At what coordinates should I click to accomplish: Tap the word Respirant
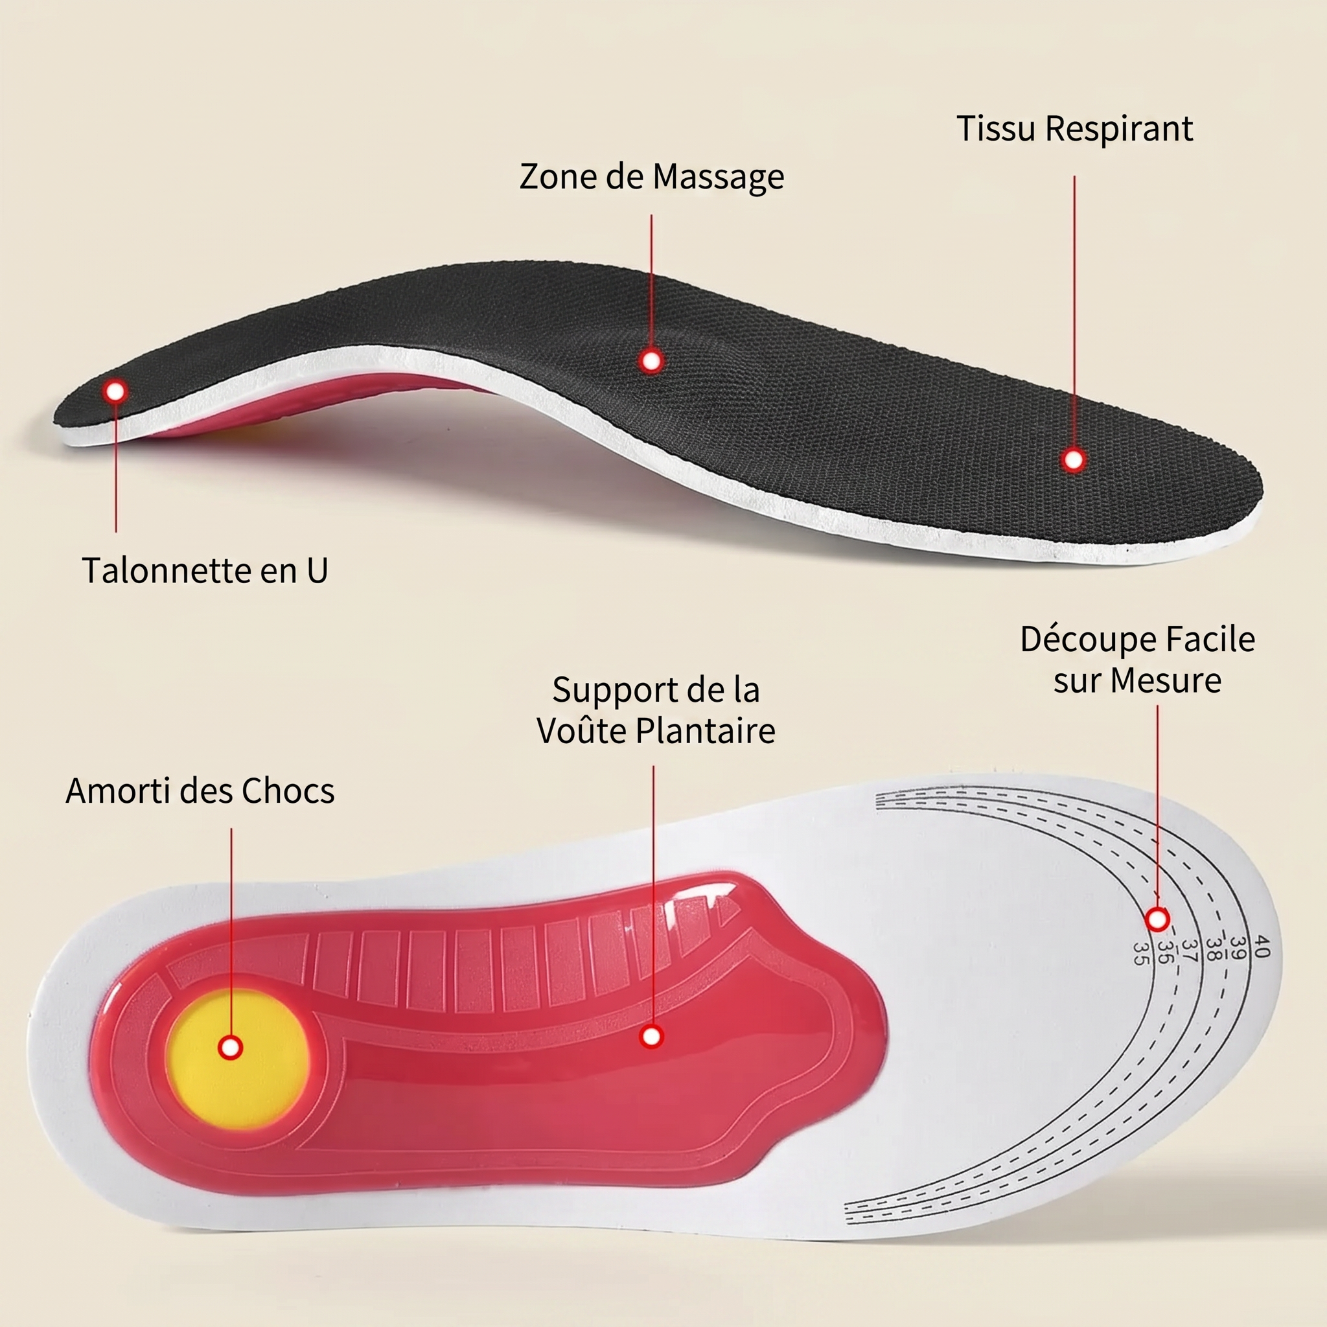[x=1119, y=128]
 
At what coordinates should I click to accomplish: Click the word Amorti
[x=118, y=791]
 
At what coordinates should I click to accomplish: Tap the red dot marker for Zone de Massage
[x=651, y=361]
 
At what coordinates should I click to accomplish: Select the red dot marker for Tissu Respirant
[x=1074, y=459]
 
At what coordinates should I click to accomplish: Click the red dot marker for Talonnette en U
[x=115, y=391]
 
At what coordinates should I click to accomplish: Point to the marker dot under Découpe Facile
[x=1158, y=919]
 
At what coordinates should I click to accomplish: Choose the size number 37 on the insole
[x=1190, y=951]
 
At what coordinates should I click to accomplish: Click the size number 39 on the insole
[x=1238, y=948]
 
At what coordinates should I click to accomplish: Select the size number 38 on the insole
[x=1214, y=949]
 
